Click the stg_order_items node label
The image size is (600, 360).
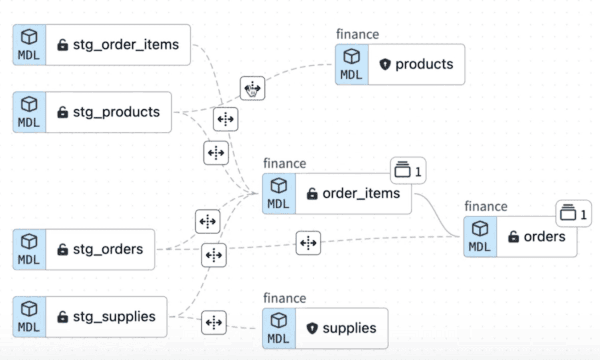pyautogui.click(x=126, y=45)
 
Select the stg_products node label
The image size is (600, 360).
pyautogui.click(x=116, y=112)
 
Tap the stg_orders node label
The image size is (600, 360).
pyautogui.click(x=108, y=249)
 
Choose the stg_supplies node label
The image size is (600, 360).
pyautogui.click(x=114, y=317)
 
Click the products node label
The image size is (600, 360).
pyautogui.click(x=424, y=64)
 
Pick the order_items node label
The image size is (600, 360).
pyautogui.click(x=361, y=194)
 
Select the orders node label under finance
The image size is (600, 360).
pyautogui.click(x=544, y=237)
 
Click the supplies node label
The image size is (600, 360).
pyautogui.click(x=349, y=328)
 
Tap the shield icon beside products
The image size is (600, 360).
pyautogui.click(x=384, y=65)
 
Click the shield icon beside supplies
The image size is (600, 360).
pyautogui.click(x=312, y=329)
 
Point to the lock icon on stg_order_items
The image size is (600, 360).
pyautogui.click(x=62, y=45)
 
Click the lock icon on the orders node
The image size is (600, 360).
pyautogui.click(x=513, y=237)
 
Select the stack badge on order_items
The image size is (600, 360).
pyautogui.click(x=408, y=171)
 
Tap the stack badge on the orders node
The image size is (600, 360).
pyautogui.click(x=573, y=214)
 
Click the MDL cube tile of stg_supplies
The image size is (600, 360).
pyautogui.click(x=29, y=317)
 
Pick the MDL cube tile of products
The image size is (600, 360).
pyautogui.click(x=352, y=64)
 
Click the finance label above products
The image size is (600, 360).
pyautogui.click(x=357, y=34)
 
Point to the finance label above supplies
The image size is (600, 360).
pyautogui.click(x=284, y=298)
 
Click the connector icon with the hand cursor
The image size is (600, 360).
pyautogui.click(x=252, y=88)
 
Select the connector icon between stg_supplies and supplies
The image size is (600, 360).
pyautogui.click(x=214, y=322)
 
